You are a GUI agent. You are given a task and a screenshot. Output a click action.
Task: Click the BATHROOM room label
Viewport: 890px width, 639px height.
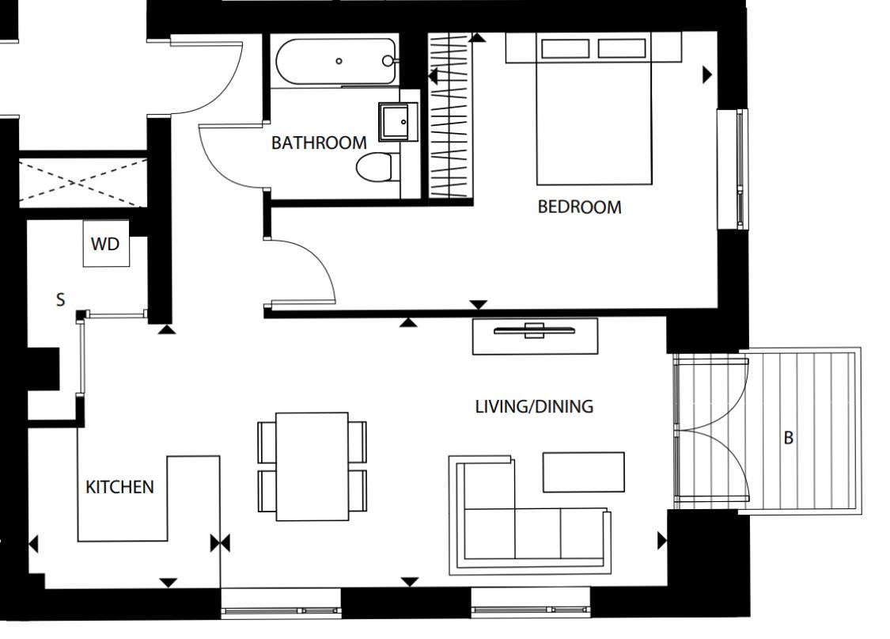(x=319, y=143)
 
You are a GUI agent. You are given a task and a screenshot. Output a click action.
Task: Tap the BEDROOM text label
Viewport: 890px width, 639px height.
(x=579, y=207)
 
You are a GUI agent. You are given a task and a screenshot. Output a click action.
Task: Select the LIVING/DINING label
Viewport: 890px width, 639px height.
(x=534, y=407)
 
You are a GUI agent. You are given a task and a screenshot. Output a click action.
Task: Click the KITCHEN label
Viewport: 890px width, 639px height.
(x=119, y=487)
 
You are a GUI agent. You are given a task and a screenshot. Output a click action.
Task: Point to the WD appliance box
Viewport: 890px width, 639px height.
(x=105, y=244)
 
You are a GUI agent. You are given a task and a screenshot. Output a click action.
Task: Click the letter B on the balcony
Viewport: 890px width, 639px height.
(x=788, y=438)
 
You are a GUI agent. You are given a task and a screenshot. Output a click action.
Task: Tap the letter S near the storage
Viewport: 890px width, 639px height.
(x=60, y=300)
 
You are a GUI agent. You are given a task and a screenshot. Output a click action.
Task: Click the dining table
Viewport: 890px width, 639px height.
(x=312, y=466)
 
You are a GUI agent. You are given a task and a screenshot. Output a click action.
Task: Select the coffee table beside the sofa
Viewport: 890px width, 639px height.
(x=583, y=472)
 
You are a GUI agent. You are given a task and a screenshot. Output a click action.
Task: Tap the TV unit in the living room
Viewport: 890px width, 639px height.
(x=535, y=336)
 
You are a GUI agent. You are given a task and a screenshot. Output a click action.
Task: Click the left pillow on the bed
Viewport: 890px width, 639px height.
(x=564, y=49)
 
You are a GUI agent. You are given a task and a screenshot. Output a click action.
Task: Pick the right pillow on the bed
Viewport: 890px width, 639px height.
(x=622, y=49)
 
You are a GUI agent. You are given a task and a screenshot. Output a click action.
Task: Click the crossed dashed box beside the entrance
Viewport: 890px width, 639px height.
(x=82, y=182)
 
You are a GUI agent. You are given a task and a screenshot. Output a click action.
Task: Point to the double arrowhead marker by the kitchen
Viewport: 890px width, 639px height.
(x=220, y=543)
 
